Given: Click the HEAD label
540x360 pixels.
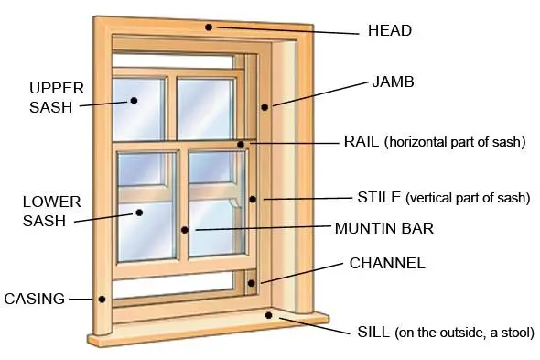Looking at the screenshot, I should pyautogui.click(x=389, y=30).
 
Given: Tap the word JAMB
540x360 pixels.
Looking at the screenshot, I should pyautogui.click(x=393, y=82).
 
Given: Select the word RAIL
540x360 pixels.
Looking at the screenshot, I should pyautogui.click(x=361, y=141).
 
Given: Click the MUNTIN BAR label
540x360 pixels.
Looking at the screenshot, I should pyautogui.click(x=383, y=227).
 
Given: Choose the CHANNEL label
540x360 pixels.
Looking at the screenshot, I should pyautogui.click(x=387, y=263).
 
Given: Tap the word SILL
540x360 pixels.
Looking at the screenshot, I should pyautogui.click(x=373, y=332).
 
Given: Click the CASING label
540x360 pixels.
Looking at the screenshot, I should pyautogui.click(x=35, y=299).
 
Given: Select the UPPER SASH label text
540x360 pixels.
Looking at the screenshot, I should pyautogui.click(x=56, y=96).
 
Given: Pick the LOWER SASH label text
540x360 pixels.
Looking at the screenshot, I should pyautogui.click(x=51, y=210).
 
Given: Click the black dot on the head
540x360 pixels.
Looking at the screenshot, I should pyautogui.click(x=210, y=27).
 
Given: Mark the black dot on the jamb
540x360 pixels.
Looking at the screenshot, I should pyautogui.click(x=265, y=107).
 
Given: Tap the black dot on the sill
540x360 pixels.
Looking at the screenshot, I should pyautogui.click(x=268, y=316).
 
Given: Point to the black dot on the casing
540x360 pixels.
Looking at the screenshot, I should pyautogui.click(x=103, y=299).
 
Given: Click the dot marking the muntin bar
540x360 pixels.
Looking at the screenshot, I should pyautogui.click(x=184, y=230).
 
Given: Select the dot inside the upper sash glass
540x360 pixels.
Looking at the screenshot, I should pyautogui.click(x=134, y=100).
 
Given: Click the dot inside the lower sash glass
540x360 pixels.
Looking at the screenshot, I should pyautogui.click(x=140, y=213).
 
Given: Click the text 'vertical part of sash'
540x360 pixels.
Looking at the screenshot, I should pyautogui.click(x=468, y=197).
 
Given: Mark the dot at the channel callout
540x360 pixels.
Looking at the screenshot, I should pyautogui.click(x=260, y=282).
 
